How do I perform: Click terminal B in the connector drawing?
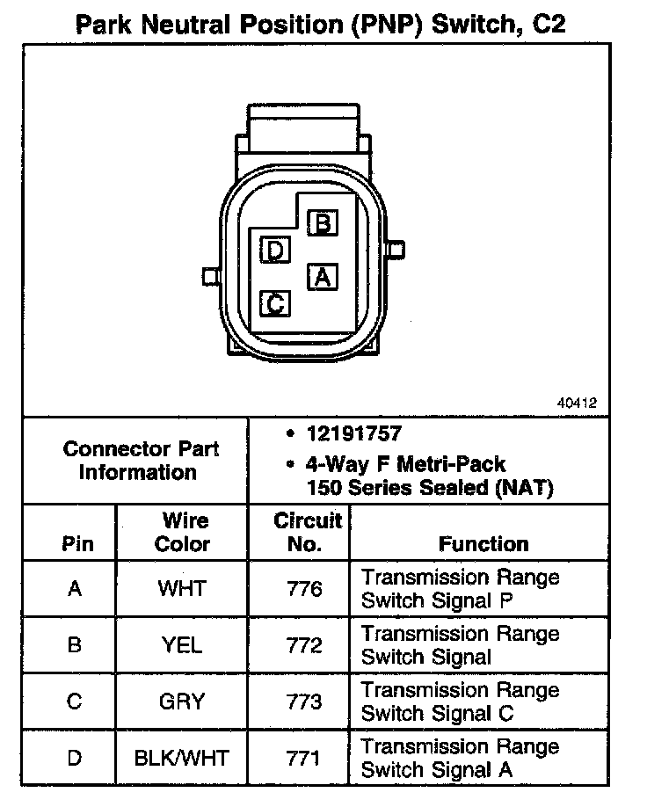click(323, 223)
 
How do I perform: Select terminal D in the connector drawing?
click(275, 251)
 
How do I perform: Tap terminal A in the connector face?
click(323, 277)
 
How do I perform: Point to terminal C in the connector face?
click(275, 304)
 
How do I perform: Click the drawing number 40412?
click(577, 403)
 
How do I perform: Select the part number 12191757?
click(354, 433)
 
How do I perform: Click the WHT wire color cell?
click(182, 589)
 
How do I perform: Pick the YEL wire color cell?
click(182, 645)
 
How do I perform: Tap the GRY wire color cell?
click(182, 702)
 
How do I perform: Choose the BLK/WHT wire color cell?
click(182, 758)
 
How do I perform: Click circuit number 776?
click(304, 589)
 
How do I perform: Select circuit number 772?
click(304, 645)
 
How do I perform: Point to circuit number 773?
click(304, 702)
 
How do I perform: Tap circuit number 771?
click(304, 758)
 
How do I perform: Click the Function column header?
click(483, 544)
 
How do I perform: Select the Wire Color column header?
click(183, 533)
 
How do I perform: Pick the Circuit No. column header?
click(304, 533)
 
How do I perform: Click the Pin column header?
click(77, 544)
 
